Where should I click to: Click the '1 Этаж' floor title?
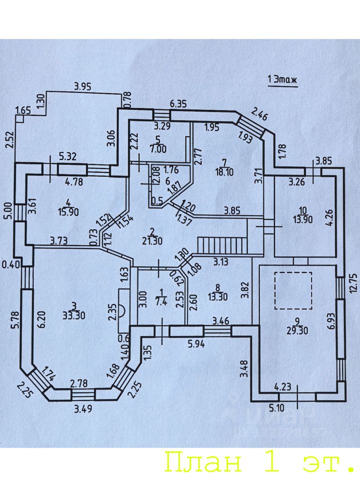point(282,80)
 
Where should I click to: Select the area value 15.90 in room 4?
point(68,211)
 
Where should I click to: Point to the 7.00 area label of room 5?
point(158,149)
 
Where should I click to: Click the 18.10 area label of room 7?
point(224,172)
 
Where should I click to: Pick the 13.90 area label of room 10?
point(302,219)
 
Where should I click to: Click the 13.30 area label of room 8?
point(217,296)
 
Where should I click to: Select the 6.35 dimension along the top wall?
point(178,104)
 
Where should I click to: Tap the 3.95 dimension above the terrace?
point(82,87)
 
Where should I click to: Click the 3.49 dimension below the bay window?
point(83,408)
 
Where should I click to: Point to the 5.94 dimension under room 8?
point(196,344)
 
